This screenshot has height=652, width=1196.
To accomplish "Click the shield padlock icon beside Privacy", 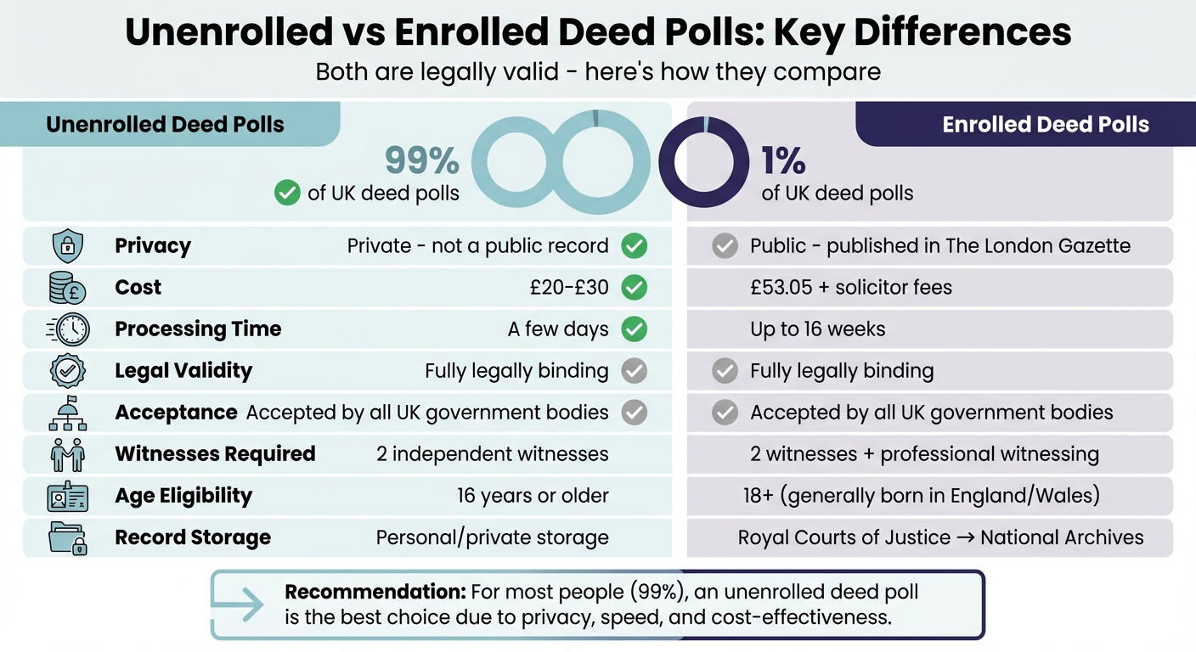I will [x=68, y=246].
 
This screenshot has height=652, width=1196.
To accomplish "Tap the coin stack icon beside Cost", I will [x=68, y=288].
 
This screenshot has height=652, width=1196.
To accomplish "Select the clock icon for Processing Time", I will [x=68, y=329].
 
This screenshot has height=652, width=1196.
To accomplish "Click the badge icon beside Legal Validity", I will [x=68, y=371].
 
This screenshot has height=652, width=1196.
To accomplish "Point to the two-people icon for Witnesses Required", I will [x=68, y=454].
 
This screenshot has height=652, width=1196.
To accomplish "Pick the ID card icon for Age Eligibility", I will [x=68, y=496].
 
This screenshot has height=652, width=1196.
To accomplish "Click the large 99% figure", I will [x=421, y=160].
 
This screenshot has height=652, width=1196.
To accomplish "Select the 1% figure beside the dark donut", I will [x=782, y=160].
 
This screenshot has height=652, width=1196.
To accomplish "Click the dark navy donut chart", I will [x=703, y=162].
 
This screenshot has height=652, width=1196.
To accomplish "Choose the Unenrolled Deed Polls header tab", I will [x=166, y=125].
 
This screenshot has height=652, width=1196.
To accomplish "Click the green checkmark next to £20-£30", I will [x=634, y=288].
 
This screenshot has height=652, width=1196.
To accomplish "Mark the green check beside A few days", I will [x=634, y=329].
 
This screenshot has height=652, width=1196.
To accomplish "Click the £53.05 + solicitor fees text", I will [x=850, y=288].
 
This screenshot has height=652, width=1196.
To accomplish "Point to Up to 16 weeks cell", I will [x=817, y=329].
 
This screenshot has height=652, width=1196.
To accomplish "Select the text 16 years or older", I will [x=533, y=496].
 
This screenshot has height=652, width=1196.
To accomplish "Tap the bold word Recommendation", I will [x=375, y=592].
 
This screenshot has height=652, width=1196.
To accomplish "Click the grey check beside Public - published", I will [x=724, y=246].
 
